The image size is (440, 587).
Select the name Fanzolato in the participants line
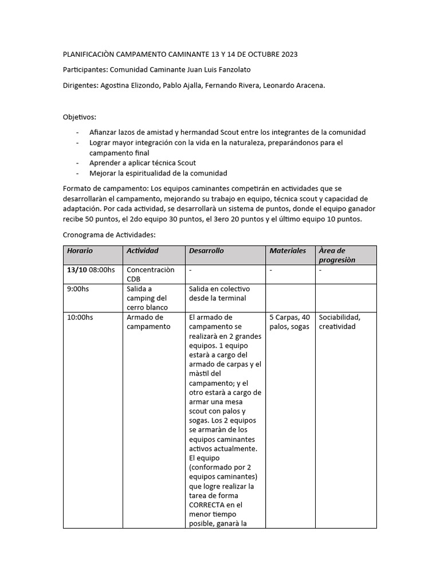215,70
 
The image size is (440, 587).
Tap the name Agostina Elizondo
129,85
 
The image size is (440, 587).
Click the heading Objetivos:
80,117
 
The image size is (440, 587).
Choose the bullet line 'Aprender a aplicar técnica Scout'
143,163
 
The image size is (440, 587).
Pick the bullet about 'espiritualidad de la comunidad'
158,173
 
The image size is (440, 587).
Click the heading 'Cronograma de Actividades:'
109,235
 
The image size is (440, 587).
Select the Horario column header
80,251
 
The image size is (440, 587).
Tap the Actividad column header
143,251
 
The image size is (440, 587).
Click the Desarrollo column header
206,251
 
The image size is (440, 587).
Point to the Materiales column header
288,251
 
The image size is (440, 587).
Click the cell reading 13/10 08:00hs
91,269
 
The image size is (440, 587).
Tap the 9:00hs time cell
78,289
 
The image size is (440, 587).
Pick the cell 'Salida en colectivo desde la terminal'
219,293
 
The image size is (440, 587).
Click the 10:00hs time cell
80,317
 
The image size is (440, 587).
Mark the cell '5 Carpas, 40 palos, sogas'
289,322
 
